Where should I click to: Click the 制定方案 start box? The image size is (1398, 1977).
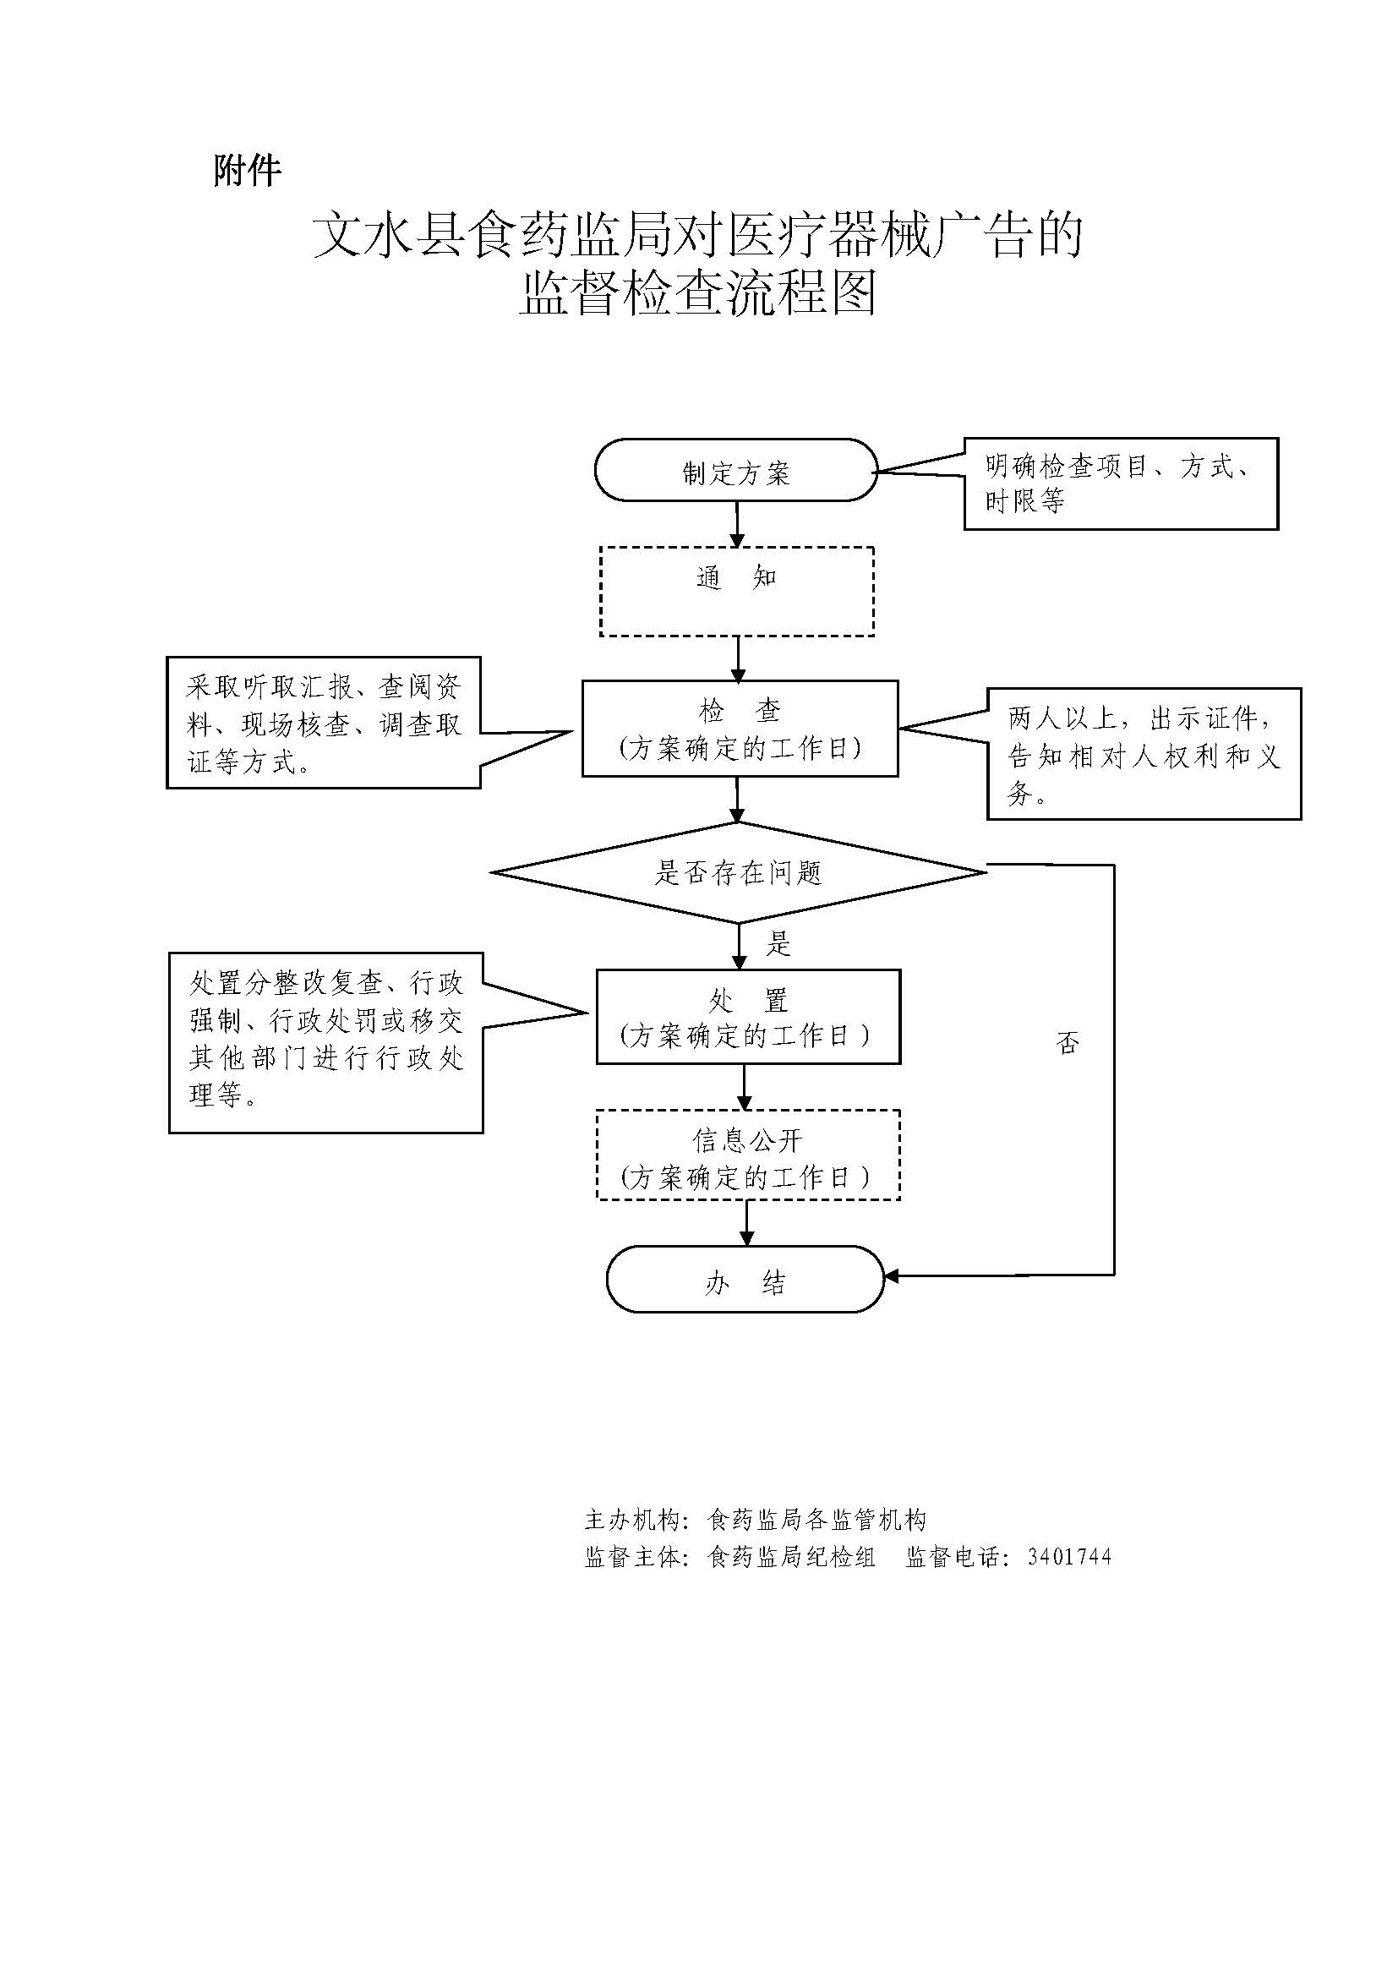736,470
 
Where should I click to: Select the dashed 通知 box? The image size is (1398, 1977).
737,592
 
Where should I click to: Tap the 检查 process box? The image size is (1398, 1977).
740,729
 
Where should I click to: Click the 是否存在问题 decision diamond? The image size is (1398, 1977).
739,872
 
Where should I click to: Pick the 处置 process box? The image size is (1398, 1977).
748,1016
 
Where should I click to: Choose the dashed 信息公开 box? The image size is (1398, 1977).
747,1155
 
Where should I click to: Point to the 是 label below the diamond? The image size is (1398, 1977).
778,945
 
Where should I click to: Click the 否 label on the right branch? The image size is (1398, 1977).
1068,1044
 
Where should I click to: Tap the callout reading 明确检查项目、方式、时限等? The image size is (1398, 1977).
1120,483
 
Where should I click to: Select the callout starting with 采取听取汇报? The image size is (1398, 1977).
324,723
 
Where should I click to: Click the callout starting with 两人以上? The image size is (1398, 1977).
1144,754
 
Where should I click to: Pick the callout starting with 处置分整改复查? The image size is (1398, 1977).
325,1042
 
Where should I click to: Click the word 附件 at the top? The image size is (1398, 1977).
247,171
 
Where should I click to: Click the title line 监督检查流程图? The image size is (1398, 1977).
697,293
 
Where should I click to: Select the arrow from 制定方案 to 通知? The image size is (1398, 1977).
737,522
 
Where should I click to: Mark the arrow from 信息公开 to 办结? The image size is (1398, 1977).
746,1222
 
